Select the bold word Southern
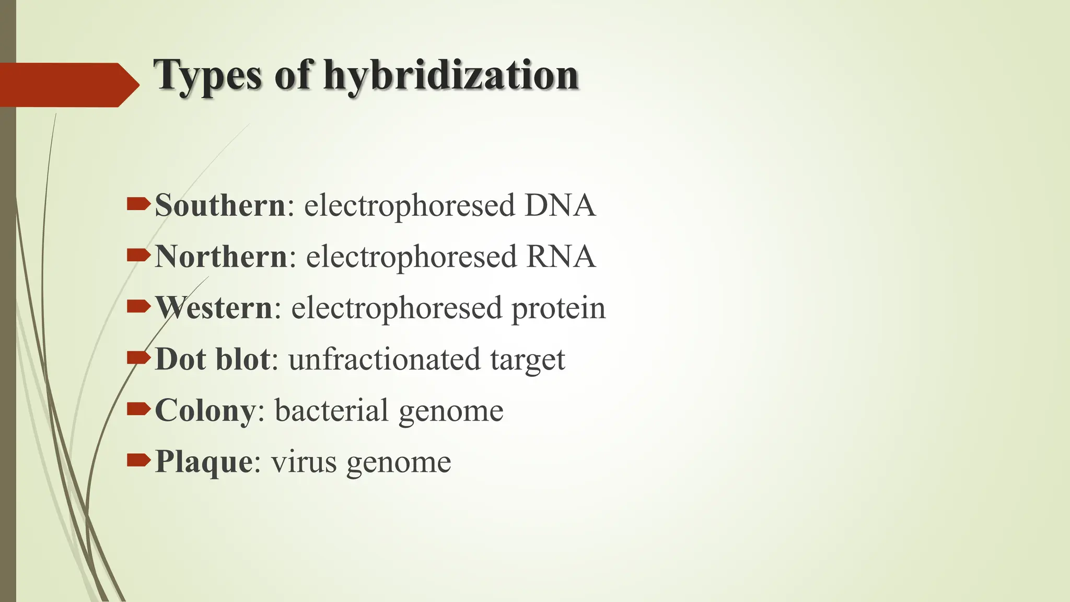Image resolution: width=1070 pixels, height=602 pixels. pyautogui.click(x=220, y=205)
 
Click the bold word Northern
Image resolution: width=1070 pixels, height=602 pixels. pyautogui.click(x=221, y=257)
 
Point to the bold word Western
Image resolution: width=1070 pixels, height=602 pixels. pyautogui.click(x=214, y=308)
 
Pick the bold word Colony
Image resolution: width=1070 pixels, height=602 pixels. pyautogui.click(x=205, y=411)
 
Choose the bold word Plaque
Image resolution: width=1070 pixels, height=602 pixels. pyautogui.click(x=204, y=462)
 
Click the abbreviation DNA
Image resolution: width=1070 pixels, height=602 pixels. pyautogui.click(x=560, y=205)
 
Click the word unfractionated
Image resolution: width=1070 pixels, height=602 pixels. pyautogui.click(x=384, y=359)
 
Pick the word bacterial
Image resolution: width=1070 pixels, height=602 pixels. pyautogui.click(x=331, y=411)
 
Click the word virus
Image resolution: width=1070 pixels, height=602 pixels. pyautogui.click(x=304, y=462)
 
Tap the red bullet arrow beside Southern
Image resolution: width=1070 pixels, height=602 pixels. pyautogui.click(x=138, y=204)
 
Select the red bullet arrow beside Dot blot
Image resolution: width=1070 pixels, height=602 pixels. pyautogui.click(x=138, y=358)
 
